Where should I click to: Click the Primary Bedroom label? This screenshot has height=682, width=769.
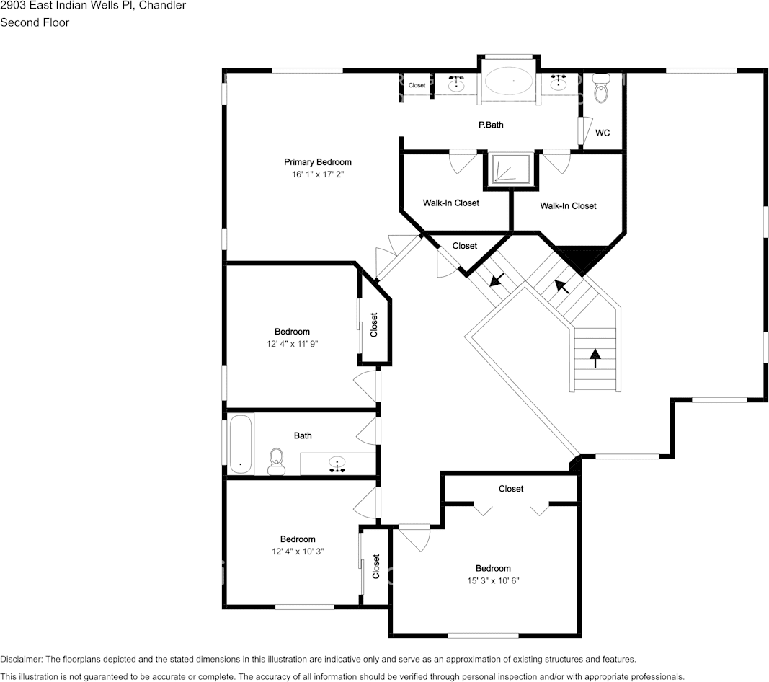(x=317, y=162)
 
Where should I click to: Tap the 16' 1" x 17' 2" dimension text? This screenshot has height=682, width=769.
(x=317, y=174)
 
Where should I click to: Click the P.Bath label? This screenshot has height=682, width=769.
(x=491, y=125)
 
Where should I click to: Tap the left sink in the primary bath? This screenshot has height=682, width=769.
(x=455, y=83)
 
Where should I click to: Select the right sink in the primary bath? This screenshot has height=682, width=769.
(x=557, y=83)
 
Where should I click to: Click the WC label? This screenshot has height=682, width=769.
(x=603, y=133)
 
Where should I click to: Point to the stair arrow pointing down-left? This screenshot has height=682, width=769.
(x=497, y=279)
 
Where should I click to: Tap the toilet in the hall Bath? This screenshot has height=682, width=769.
(x=276, y=461)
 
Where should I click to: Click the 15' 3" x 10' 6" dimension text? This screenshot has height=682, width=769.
(x=493, y=581)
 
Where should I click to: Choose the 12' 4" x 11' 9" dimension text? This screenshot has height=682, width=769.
(x=292, y=344)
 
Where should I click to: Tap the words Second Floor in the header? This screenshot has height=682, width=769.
(x=35, y=22)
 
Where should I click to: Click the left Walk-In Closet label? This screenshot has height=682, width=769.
(x=450, y=203)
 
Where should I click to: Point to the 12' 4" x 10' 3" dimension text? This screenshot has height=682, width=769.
(x=298, y=552)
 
